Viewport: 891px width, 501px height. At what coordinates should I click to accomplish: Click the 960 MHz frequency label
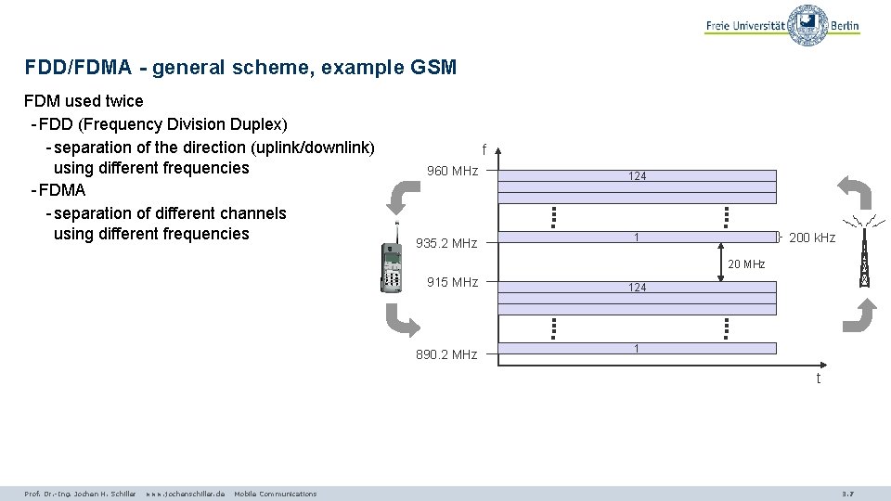[x=451, y=171]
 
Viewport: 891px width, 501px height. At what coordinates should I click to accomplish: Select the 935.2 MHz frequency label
[x=446, y=243]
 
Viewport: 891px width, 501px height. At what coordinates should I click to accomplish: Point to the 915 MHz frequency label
[x=452, y=282]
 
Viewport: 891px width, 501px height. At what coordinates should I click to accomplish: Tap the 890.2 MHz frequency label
[x=446, y=354]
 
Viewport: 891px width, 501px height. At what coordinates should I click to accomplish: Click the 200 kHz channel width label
[x=811, y=238]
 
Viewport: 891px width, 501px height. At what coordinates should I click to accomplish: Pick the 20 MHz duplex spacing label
[x=746, y=264]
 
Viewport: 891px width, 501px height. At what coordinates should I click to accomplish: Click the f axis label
[x=484, y=148]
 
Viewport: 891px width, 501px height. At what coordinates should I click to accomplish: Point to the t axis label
[x=818, y=378]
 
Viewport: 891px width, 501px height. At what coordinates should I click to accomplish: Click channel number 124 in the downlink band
[x=637, y=176]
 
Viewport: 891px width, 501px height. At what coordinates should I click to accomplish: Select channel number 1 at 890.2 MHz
[x=636, y=348]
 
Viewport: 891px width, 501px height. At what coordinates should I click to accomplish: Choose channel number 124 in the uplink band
[x=637, y=288]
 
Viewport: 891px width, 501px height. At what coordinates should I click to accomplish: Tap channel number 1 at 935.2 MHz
[x=636, y=238]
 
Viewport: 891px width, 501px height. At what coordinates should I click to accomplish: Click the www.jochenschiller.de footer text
[x=185, y=494]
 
